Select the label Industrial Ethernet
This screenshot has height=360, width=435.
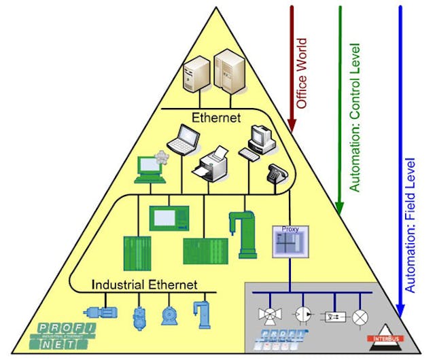pyautogui.click(x=144, y=284)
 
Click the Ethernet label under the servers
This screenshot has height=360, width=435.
pyautogui.click(x=216, y=118)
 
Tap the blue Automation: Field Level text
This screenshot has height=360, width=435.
pyautogui.click(x=410, y=225)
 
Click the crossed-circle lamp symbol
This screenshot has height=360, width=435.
pyautogui.click(x=365, y=317)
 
